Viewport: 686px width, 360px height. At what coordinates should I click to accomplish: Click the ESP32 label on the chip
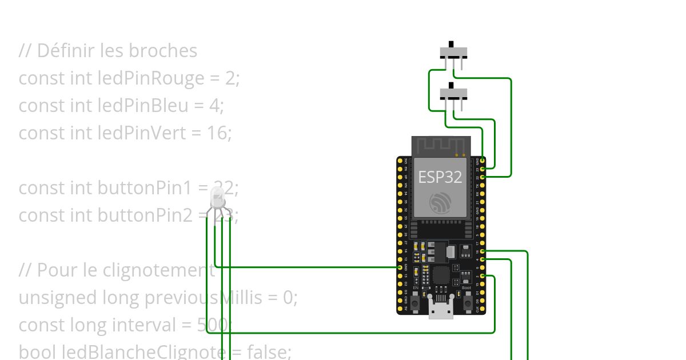click(440, 177)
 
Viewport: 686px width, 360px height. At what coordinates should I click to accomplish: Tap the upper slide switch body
click(453, 53)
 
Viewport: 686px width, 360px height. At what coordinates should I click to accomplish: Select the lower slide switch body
click(453, 94)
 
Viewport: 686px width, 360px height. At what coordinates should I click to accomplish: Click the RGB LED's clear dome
click(218, 197)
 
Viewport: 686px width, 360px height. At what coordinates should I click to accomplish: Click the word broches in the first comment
click(163, 51)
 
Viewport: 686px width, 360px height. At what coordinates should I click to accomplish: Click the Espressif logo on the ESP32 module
click(440, 203)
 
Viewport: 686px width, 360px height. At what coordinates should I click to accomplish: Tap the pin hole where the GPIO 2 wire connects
click(483, 277)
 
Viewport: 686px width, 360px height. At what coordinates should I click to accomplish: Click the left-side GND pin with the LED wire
click(400, 267)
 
